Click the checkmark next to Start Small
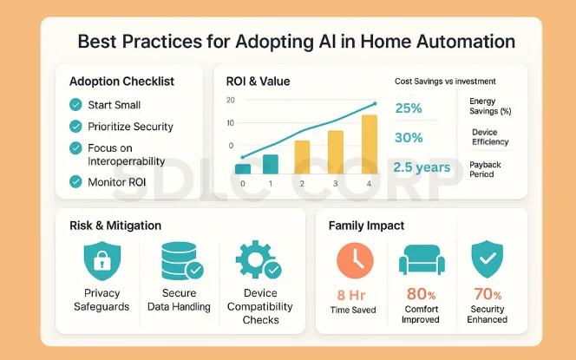75,105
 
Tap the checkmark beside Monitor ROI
75,181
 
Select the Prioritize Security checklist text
130,127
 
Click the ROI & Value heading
258,82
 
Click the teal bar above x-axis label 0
243,169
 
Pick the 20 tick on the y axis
230,100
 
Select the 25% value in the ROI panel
409,108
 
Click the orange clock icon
354,260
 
